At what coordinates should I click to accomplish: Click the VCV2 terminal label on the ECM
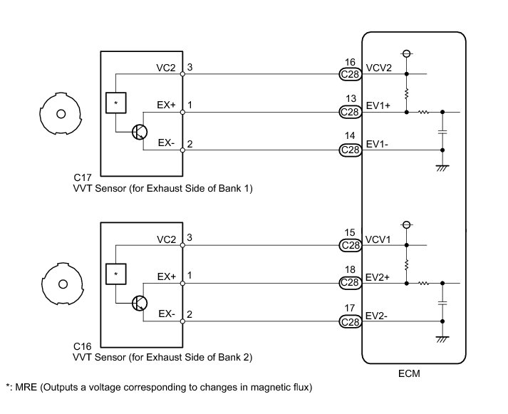[378, 68]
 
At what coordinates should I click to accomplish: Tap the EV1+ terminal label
[378, 106]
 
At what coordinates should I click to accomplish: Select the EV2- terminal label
[376, 316]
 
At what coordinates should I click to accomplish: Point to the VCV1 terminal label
[378, 239]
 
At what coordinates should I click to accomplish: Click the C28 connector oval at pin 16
[351, 74]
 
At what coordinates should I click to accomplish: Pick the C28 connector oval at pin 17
[351, 321]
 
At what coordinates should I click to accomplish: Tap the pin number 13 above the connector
[351, 98]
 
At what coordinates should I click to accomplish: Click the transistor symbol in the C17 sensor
[140, 132]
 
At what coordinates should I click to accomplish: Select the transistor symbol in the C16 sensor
[140, 304]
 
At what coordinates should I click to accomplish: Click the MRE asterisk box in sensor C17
[116, 103]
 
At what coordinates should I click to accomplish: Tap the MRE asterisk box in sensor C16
[116, 274]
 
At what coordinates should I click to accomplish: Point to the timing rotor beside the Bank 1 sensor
[61, 113]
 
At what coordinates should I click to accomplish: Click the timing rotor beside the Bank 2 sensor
[63, 284]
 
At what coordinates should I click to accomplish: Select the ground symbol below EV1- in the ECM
[442, 168]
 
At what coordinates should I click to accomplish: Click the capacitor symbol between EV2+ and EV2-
[442, 304]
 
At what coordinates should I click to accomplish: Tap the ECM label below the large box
[409, 373]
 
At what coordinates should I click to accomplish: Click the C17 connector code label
[83, 177]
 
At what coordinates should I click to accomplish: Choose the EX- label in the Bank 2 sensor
[167, 314]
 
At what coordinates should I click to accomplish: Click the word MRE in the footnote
[26, 387]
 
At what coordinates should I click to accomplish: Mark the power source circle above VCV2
[407, 53]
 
